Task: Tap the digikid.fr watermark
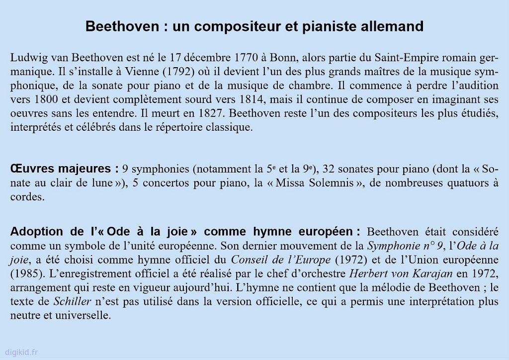[21, 352]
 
